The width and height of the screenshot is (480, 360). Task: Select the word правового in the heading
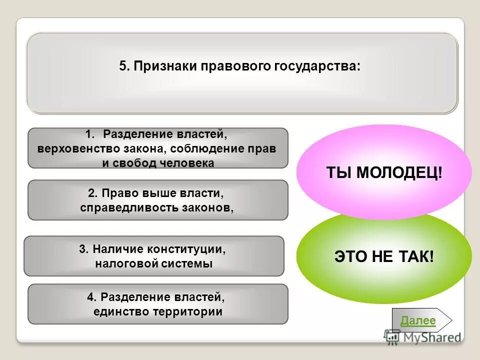point(234,66)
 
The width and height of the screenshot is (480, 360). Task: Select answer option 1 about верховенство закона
point(157,148)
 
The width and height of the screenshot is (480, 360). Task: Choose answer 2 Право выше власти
point(157,200)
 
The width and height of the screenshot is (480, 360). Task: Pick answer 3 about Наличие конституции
point(153,256)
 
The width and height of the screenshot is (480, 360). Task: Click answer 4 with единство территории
point(157,304)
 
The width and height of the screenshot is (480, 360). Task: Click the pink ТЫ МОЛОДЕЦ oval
point(384,165)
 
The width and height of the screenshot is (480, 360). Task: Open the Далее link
point(418,321)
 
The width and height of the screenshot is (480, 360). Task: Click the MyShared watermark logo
point(423,337)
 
